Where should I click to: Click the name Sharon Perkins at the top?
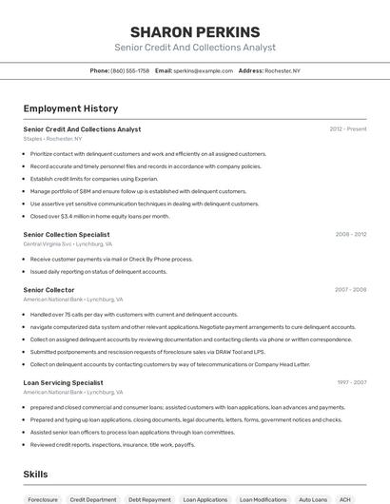[x=194, y=32]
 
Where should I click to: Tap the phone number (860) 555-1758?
[x=129, y=70]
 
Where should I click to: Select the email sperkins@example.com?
[x=203, y=70]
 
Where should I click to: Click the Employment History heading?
[x=64, y=108]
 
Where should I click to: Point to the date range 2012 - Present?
[x=348, y=128]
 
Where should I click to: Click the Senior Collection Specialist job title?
[x=67, y=233]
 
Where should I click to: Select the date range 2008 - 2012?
[x=350, y=233]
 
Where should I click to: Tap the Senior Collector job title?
[x=49, y=289]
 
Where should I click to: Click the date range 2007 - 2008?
[x=350, y=289]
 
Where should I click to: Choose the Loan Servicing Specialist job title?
[x=63, y=382]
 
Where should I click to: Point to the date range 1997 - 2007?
[x=350, y=382]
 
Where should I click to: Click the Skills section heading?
[x=35, y=474]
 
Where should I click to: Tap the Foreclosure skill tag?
[x=43, y=499]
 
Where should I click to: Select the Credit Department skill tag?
[x=93, y=499]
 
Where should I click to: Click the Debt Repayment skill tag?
[x=149, y=499]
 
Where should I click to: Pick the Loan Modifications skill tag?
[x=263, y=499]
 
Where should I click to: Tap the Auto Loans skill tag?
[x=313, y=499]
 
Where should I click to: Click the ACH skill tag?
[x=345, y=499]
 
